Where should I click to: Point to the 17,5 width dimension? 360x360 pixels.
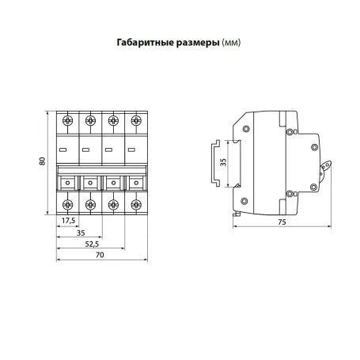[x=67, y=220]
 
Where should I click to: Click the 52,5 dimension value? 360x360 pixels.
[x=93, y=244]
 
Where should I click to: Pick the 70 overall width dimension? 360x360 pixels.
[x=100, y=256]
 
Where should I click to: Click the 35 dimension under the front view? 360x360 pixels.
[x=80, y=233]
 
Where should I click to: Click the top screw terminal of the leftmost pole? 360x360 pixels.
[x=68, y=120]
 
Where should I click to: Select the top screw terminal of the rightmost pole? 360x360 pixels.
[x=135, y=120]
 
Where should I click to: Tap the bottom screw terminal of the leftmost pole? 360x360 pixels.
[x=68, y=207]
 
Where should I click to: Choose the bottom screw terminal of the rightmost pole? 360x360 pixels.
[x=135, y=207]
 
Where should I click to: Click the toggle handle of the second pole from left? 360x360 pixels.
[x=90, y=184]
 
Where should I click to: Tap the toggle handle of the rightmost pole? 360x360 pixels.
[x=135, y=184]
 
